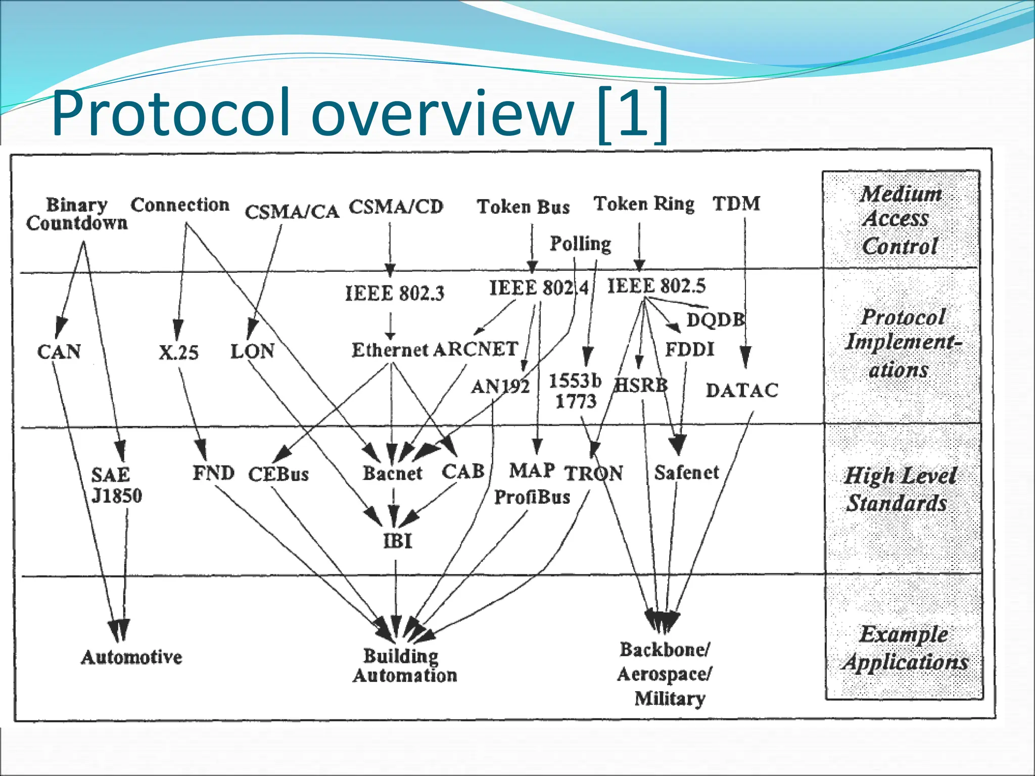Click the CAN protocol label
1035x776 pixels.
coord(59,352)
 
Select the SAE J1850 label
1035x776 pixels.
coord(116,485)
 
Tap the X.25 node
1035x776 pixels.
coord(178,352)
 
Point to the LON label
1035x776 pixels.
coord(252,351)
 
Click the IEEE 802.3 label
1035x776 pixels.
coord(394,293)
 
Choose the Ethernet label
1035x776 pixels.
coord(390,350)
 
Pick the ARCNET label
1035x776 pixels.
coord(476,349)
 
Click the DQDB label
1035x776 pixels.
coord(715,320)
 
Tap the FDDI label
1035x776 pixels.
coord(689,349)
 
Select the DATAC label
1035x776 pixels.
coord(741,391)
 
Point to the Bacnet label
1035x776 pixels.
coord(392,473)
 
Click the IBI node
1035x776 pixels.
coord(397,541)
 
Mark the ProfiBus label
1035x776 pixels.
coord(532,497)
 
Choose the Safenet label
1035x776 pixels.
coord(686,473)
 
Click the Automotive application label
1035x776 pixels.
coord(131,657)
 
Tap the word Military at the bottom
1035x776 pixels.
coord(670,699)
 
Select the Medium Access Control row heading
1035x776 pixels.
coord(900,220)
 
